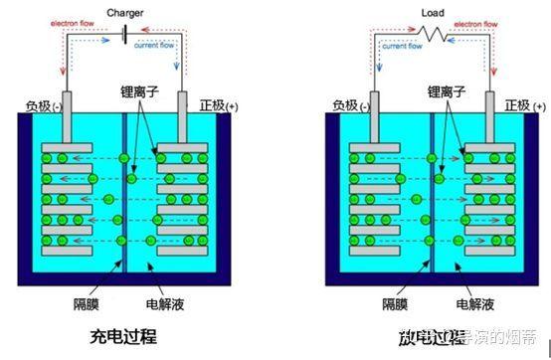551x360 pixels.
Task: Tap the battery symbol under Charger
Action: click(x=123, y=34)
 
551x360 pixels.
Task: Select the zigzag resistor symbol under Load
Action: click(x=433, y=34)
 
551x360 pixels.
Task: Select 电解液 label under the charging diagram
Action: click(x=166, y=301)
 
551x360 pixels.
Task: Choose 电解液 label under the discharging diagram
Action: click(x=474, y=301)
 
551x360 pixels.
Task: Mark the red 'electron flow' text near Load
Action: click(x=386, y=29)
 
